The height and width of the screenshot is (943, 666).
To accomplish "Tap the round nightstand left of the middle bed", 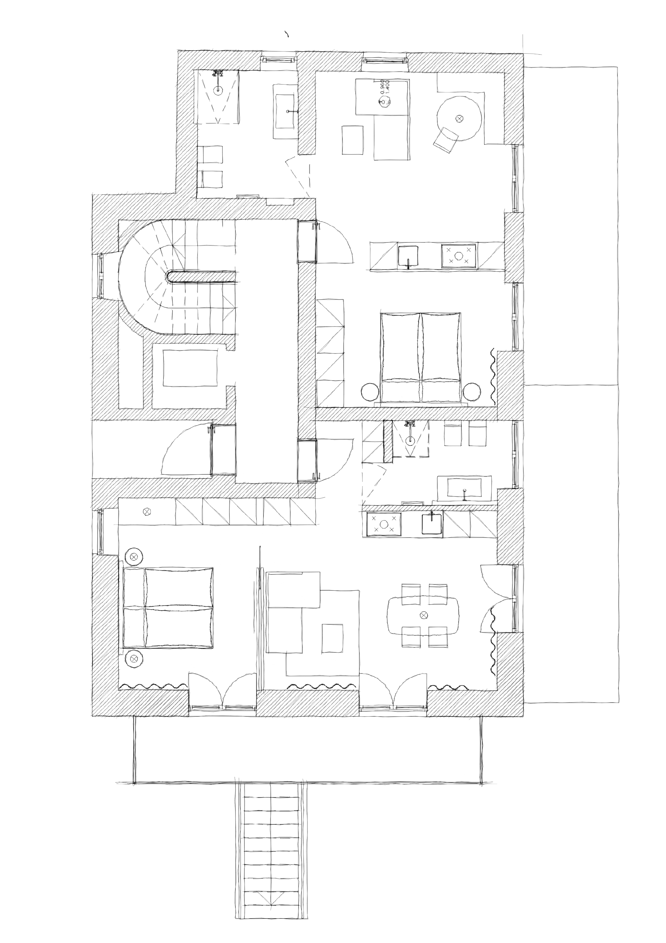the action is pos(371,392).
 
